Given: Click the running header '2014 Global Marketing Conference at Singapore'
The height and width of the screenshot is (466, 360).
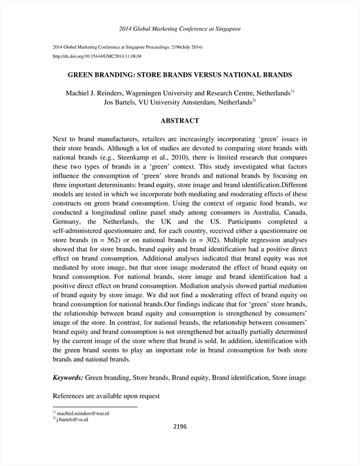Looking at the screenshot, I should click(x=180, y=28).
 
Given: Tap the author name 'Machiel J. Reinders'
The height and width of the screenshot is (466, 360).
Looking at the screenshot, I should click(x=95, y=94).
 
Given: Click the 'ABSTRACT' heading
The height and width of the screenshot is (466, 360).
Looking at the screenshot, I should click(x=180, y=121).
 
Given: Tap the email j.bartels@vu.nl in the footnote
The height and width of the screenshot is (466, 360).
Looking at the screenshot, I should click(x=73, y=420).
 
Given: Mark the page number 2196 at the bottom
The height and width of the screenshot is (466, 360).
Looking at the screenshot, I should click(x=180, y=428).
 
